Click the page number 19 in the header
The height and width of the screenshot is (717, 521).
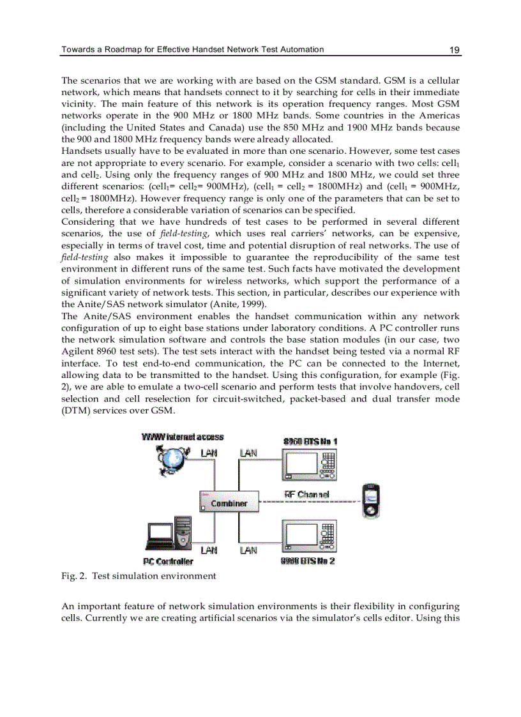[455, 50]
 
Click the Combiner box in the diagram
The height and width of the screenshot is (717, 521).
[228, 503]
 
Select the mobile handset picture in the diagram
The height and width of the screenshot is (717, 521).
[371, 502]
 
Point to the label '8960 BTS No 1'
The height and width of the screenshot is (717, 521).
[310, 441]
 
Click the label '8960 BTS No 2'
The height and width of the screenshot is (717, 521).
[308, 561]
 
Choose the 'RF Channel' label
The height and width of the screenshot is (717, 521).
[306, 494]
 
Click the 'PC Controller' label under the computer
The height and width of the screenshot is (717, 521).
[168, 561]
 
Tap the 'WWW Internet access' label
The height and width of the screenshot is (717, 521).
[183, 437]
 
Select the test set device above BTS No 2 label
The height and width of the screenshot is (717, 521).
[310, 536]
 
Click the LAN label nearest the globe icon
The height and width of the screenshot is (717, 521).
[209, 453]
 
